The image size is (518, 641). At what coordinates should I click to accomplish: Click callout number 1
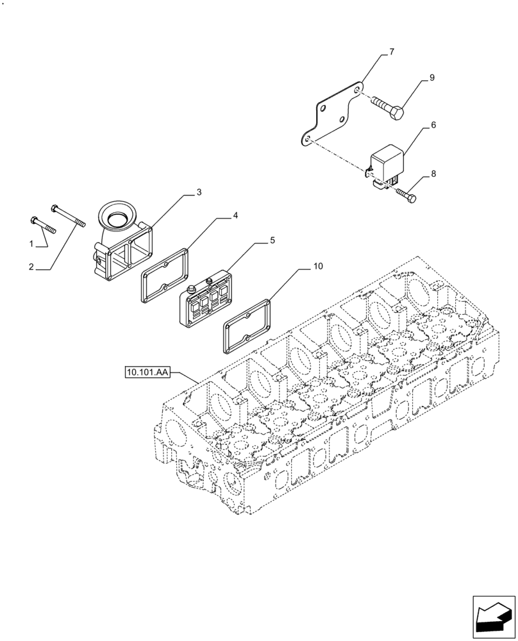tap(30, 244)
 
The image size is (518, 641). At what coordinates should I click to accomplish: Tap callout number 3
tap(199, 192)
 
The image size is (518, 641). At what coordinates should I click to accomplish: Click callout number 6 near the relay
tap(433, 125)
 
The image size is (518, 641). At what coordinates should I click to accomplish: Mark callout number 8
tap(433, 173)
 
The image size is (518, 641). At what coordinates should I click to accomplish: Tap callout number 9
tap(431, 78)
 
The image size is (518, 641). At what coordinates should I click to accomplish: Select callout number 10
tap(319, 265)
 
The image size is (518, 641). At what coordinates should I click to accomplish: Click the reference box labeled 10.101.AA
tap(147, 372)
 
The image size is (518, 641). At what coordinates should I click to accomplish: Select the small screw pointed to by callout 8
tap(406, 194)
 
